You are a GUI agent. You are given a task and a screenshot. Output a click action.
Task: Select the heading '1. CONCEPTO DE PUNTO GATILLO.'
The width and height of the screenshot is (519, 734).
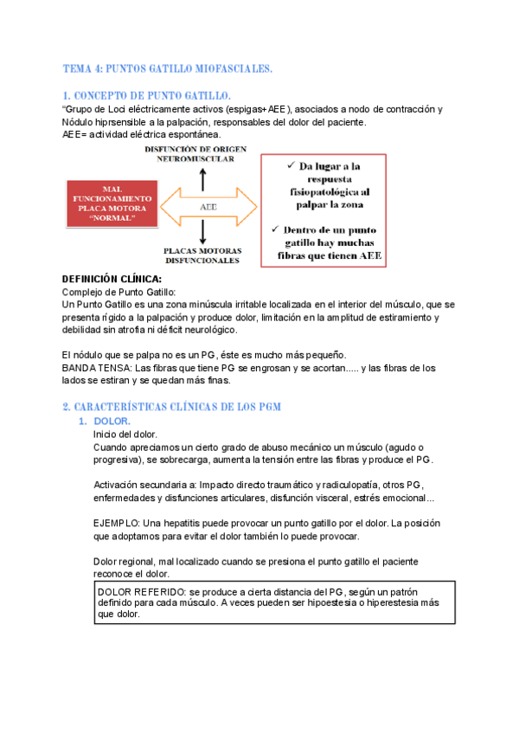pyautogui.click(x=146, y=94)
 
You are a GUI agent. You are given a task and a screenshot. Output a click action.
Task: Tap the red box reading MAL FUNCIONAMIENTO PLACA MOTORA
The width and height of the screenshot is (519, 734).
pyautogui.click(x=112, y=205)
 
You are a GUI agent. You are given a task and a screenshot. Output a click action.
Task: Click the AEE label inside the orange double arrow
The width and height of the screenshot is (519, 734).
pyautogui.click(x=208, y=208)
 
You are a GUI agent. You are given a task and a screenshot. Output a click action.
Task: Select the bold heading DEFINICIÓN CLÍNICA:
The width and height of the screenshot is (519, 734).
pyautogui.click(x=112, y=280)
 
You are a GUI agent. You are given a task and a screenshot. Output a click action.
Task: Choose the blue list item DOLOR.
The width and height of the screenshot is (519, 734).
pyautogui.click(x=111, y=422)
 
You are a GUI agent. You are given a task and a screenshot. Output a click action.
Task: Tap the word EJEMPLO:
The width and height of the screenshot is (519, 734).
pyautogui.click(x=118, y=524)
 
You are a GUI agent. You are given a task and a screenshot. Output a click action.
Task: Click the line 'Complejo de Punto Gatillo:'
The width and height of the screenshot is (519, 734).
pyautogui.click(x=119, y=293)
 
